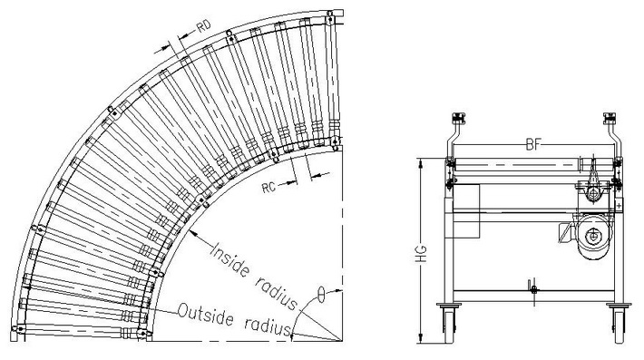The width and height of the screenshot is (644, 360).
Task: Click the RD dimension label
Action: point(204,26)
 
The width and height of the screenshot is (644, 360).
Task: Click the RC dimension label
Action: point(268,188)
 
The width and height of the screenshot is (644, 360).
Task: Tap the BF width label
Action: point(534,144)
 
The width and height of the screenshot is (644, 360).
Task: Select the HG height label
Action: point(422,255)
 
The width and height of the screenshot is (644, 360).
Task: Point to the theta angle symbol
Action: point(322,294)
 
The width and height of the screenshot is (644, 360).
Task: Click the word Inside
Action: point(230,260)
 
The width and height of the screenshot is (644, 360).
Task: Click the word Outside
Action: point(206,315)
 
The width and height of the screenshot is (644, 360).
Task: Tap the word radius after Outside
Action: point(268,325)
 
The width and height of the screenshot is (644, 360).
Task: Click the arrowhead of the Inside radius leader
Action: point(194,233)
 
